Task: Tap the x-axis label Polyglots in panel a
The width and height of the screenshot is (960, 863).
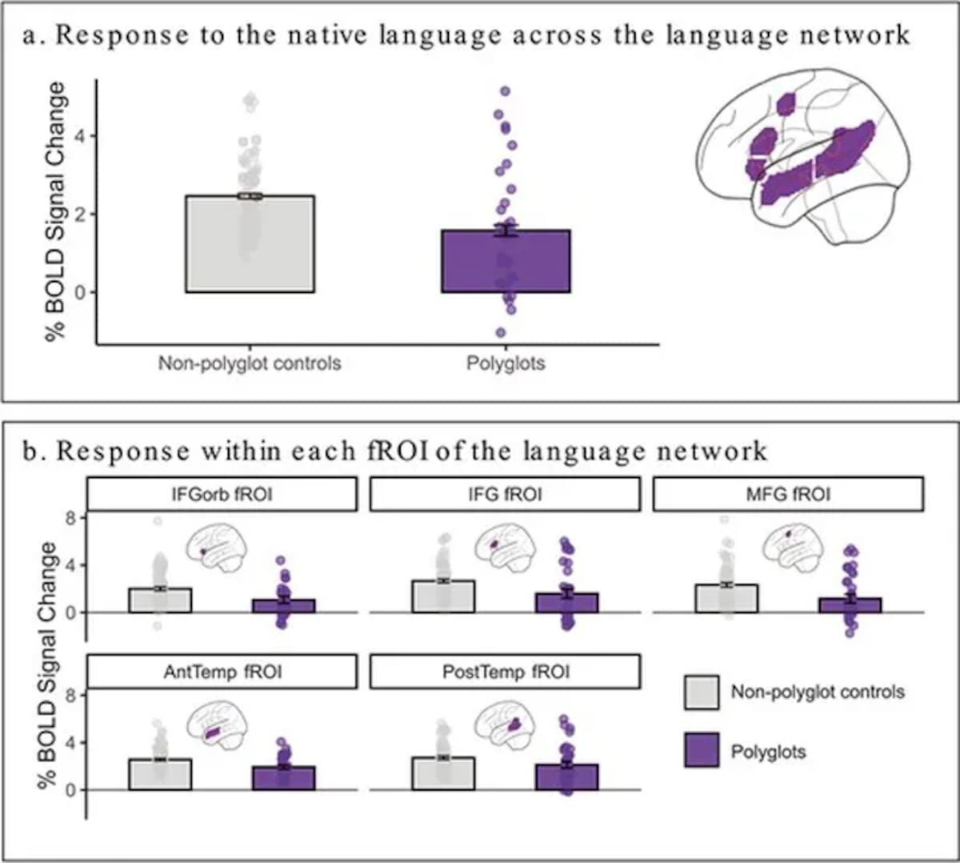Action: (506, 363)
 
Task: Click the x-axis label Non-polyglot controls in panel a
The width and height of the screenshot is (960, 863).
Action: (250, 363)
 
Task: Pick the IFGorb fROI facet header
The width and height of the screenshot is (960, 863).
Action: (222, 495)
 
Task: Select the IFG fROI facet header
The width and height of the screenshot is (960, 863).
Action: (505, 495)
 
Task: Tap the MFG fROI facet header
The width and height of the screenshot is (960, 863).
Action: (788, 495)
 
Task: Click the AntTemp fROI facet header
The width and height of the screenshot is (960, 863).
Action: (222, 672)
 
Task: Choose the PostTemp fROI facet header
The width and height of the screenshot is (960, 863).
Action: (505, 672)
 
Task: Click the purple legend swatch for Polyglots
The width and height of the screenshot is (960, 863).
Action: (702, 751)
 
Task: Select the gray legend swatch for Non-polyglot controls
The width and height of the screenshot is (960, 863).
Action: (702, 692)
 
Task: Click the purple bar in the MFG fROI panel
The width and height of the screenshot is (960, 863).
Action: (850, 605)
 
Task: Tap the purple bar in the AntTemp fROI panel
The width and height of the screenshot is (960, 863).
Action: (283, 778)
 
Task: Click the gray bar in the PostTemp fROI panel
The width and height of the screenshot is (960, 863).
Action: (443, 773)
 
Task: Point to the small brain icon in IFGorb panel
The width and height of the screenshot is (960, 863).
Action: (216, 548)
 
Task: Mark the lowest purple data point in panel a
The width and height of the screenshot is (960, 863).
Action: (501, 332)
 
